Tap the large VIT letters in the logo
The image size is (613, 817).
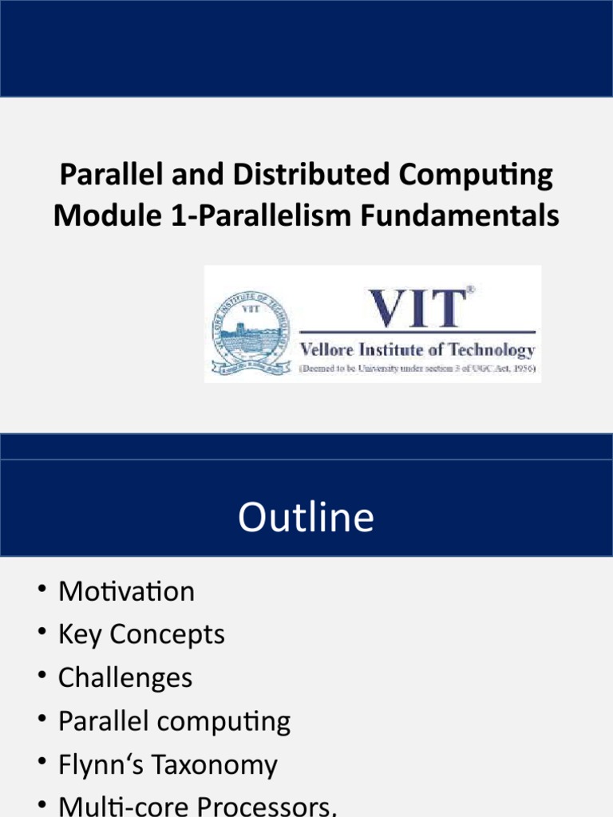click(417, 308)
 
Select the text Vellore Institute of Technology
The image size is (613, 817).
click(417, 349)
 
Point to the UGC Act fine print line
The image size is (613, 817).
click(417, 369)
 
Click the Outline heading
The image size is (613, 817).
click(306, 517)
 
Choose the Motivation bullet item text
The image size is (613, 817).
click(126, 592)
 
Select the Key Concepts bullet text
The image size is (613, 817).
click(141, 635)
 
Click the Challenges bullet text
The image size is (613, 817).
click(125, 678)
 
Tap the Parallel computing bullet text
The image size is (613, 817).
click(174, 721)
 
